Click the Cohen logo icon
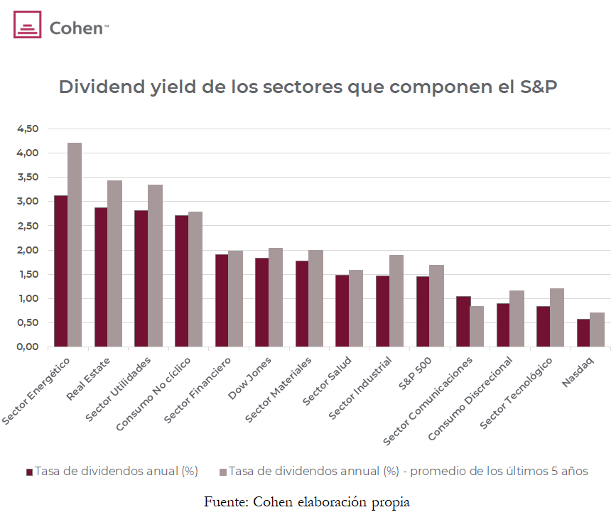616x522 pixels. click(x=28, y=28)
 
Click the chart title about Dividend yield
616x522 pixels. click(x=308, y=87)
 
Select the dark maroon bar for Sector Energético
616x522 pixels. click(x=61, y=271)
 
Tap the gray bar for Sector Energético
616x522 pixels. click(x=75, y=244)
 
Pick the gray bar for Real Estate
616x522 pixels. click(x=114, y=263)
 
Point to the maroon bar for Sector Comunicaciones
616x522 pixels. click(x=463, y=321)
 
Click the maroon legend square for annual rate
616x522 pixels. click(x=29, y=472)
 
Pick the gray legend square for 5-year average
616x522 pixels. click(x=222, y=472)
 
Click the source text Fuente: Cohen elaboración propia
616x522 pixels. click(x=307, y=501)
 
